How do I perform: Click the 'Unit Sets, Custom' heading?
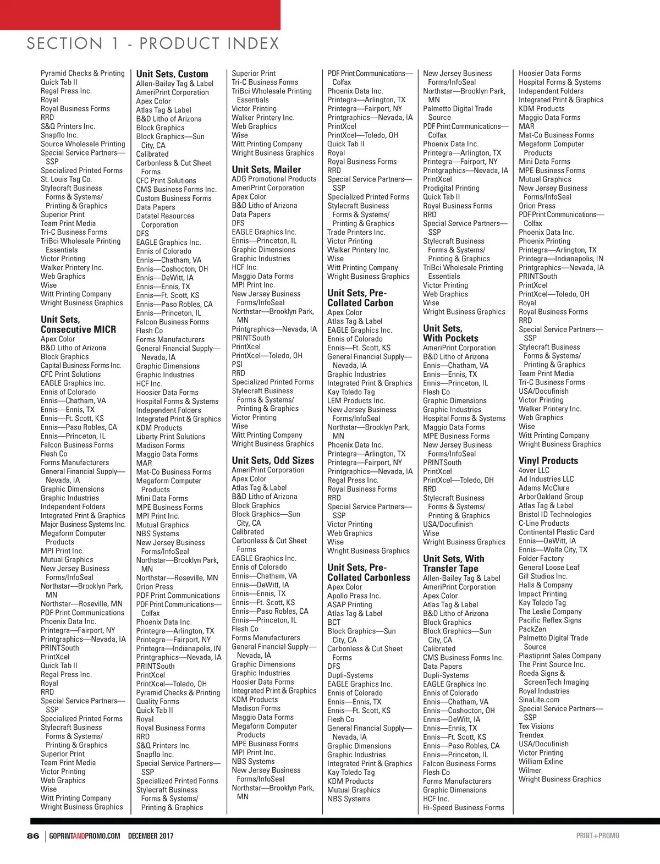click(x=172, y=74)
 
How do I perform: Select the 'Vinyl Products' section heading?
click(x=548, y=461)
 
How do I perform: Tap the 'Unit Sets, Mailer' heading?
click(x=266, y=169)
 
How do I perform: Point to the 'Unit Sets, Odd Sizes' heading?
click(x=273, y=461)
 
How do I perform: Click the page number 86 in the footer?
click(x=33, y=836)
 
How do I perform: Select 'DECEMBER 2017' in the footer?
click(x=151, y=836)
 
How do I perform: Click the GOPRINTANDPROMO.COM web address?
click(x=85, y=836)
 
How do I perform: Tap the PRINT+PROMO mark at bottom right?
click(x=598, y=836)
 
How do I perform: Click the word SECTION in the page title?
click(x=65, y=43)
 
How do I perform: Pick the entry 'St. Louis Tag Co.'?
click(x=66, y=179)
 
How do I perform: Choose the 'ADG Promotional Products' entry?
click(x=274, y=179)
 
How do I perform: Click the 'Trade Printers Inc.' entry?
click(x=356, y=232)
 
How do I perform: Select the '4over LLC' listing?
click(x=534, y=470)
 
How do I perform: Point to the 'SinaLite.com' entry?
click(x=539, y=700)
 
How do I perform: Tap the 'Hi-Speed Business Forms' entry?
click(x=463, y=807)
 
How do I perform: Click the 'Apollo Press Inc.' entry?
click(x=354, y=596)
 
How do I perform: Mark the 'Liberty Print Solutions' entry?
click(x=170, y=437)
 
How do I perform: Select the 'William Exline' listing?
click(x=541, y=761)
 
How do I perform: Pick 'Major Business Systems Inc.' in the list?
click(x=83, y=524)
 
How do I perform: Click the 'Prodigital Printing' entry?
click(x=451, y=188)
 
